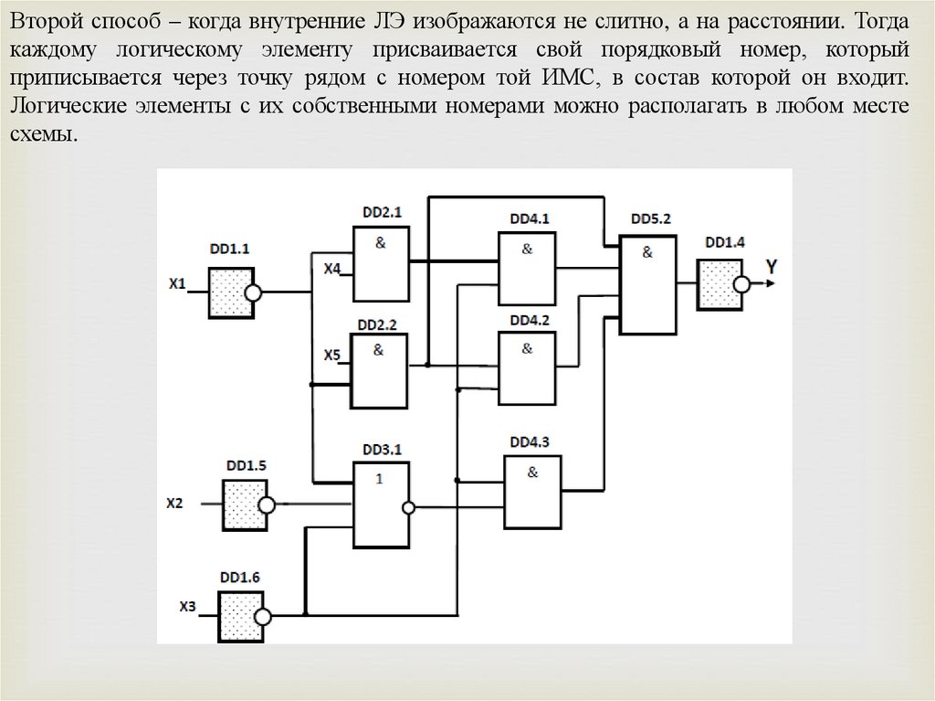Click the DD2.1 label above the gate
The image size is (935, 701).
(380, 212)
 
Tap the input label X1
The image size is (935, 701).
(177, 283)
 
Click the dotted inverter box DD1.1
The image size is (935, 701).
(228, 293)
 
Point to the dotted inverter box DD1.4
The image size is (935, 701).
(719, 283)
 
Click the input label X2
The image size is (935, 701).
(174, 503)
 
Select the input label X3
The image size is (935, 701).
(187, 606)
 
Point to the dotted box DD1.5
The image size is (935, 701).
(244, 503)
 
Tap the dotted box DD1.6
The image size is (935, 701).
(240, 615)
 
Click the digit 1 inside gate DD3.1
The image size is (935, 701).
(377, 478)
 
